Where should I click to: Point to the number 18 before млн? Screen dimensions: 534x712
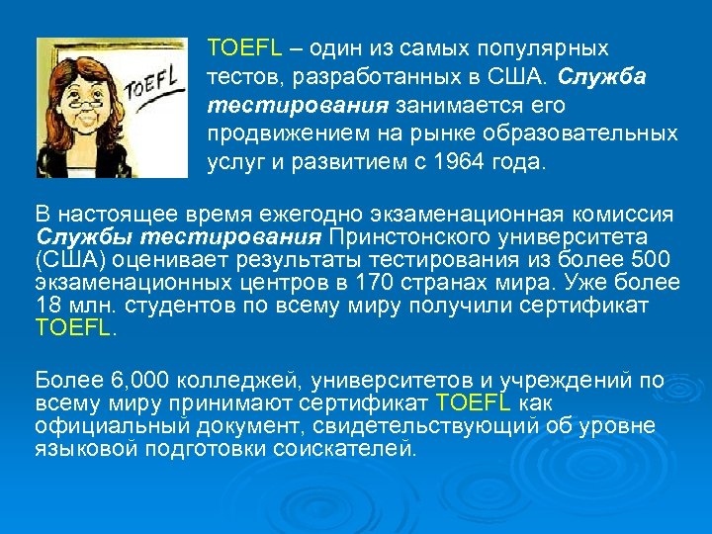(x=45, y=306)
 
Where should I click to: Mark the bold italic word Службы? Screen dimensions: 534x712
(x=84, y=237)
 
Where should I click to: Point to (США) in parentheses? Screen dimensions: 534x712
(x=69, y=260)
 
